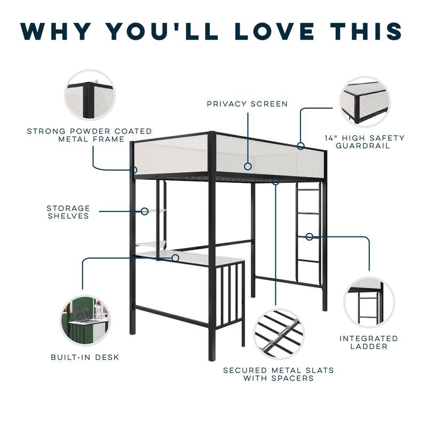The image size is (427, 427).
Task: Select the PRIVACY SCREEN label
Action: point(247,104)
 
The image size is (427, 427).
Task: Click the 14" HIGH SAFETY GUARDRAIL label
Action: point(365,141)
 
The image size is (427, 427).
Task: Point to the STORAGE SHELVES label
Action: point(68,212)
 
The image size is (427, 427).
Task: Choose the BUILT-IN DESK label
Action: point(85,357)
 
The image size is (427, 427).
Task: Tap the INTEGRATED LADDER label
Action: point(369,342)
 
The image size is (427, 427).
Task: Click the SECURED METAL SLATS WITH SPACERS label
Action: point(279,374)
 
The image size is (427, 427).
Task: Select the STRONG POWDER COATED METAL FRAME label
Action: point(90,135)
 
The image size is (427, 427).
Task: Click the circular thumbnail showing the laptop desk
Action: point(85,320)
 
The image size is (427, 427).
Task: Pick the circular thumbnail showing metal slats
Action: point(278,334)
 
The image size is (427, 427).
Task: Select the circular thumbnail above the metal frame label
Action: point(90,95)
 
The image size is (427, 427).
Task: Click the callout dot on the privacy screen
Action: point(248,167)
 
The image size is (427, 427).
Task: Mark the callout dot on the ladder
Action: point(309,236)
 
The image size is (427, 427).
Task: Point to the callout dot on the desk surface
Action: point(175,258)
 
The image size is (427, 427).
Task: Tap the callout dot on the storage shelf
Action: point(144,211)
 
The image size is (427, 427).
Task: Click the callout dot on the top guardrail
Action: point(301,146)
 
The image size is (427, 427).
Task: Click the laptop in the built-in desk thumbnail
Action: point(82,316)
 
